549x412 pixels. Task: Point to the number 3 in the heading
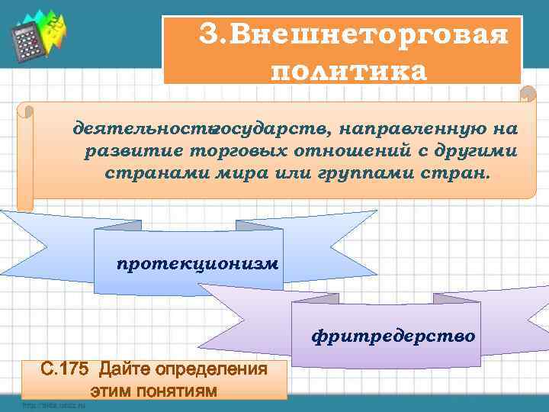pos(207,35)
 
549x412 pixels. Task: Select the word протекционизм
pos(197,264)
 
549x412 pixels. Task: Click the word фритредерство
pos(393,336)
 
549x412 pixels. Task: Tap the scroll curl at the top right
pos(527,95)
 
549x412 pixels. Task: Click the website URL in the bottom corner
pos(53,405)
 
